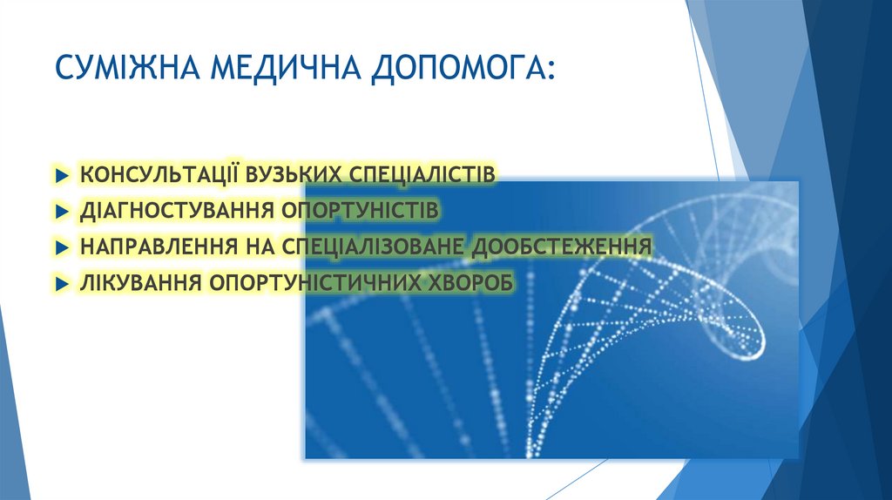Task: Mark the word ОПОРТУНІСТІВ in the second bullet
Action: [360, 211]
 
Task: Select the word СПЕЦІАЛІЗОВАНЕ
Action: [373, 247]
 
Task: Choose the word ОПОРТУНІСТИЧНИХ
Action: [310, 283]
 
